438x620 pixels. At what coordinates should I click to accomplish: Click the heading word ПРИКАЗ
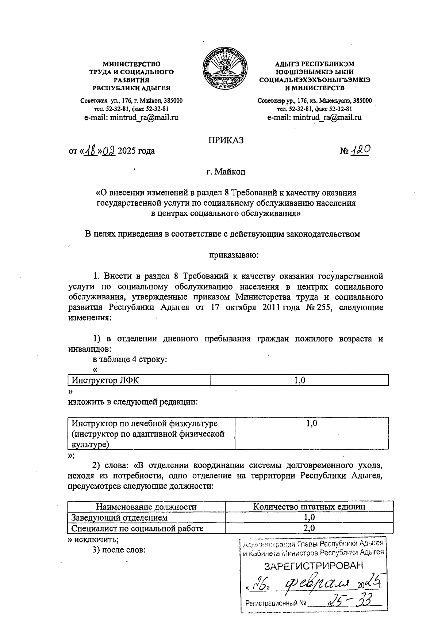click(226, 140)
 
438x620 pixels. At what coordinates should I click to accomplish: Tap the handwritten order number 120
click(360, 150)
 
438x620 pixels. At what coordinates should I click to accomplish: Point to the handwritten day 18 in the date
click(91, 150)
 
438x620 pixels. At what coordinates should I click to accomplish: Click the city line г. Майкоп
click(226, 171)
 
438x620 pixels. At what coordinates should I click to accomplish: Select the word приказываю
click(234, 254)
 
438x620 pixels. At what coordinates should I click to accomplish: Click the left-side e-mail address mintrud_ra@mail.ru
click(131, 117)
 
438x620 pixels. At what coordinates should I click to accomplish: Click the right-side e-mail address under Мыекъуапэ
click(314, 117)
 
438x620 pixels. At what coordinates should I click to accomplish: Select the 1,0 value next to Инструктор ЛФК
click(300, 380)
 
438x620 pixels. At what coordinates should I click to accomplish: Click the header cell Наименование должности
click(146, 507)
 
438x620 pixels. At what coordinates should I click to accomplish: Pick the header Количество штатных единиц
click(309, 507)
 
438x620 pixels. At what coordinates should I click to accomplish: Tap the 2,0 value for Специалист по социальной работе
click(309, 528)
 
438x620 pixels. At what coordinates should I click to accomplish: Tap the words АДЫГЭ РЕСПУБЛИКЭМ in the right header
click(314, 64)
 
